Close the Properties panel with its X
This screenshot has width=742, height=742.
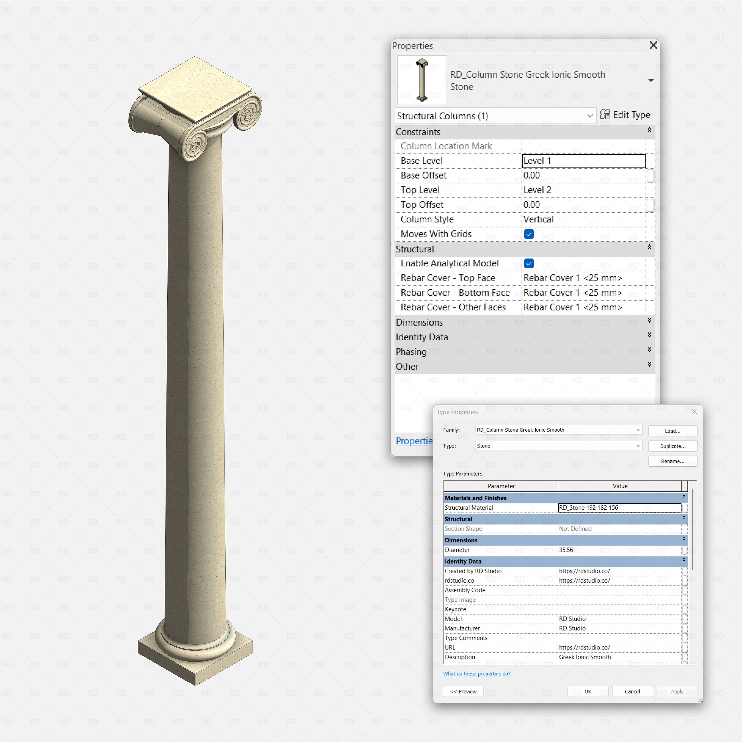[653, 45]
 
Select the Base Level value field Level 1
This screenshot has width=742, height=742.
[583, 161]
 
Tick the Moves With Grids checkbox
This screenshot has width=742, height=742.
[528, 234]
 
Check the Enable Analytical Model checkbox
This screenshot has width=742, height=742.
[528, 263]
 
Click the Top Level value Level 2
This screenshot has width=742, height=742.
[583, 190]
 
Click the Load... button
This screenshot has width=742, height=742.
[672, 431]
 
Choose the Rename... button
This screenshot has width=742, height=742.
[672, 461]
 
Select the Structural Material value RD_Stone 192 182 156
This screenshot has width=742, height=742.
[619, 508]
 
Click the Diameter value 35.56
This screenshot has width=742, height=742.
[619, 550]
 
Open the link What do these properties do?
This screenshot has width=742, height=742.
[477, 674]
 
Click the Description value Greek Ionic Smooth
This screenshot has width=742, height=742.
[619, 657]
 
